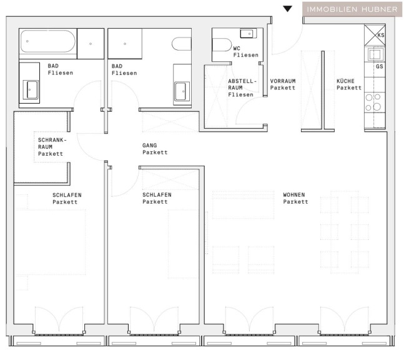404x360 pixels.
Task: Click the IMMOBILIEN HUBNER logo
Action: (x=352, y=9)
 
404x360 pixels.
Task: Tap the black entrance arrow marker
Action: (x=287, y=9)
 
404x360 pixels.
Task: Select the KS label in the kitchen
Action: (x=381, y=35)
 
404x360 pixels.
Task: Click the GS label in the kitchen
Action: (x=379, y=66)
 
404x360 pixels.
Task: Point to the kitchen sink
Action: (x=375, y=54)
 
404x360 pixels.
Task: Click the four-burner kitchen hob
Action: (x=373, y=102)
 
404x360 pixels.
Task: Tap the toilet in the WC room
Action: (x=222, y=45)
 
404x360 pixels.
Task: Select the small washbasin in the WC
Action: (x=249, y=33)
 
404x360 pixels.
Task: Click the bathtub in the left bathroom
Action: (x=48, y=41)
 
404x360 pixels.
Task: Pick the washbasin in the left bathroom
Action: (x=31, y=89)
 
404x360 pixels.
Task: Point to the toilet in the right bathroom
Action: (x=182, y=44)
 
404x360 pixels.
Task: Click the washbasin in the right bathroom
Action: (x=182, y=91)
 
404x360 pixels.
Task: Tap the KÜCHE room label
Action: (x=349, y=84)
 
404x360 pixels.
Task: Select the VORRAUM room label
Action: (x=283, y=84)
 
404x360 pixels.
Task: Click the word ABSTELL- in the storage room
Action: (x=242, y=81)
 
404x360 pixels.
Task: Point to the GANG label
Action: (x=155, y=149)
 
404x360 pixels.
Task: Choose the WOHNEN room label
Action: (x=295, y=198)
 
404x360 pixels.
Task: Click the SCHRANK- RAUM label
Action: (x=52, y=143)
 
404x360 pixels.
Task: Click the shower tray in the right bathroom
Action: (x=125, y=44)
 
